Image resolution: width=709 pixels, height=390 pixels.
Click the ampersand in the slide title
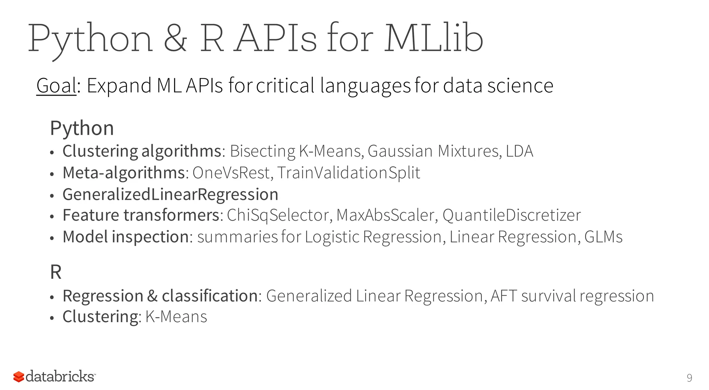pyautogui.click(x=176, y=39)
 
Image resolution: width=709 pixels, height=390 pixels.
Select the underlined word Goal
pyautogui.click(x=56, y=86)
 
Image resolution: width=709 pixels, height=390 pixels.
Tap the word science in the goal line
pyautogui.click(x=520, y=86)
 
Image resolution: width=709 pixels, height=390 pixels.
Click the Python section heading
pyautogui.click(x=82, y=128)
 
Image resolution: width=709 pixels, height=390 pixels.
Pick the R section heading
pyautogui.click(x=56, y=272)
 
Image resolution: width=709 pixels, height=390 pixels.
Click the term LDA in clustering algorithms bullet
pyautogui.click(x=519, y=151)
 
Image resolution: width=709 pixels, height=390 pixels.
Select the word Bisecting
pyautogui.click(x=262, y=151)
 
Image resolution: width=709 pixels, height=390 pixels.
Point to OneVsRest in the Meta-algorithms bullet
pyautogui.click(x=231, y=172)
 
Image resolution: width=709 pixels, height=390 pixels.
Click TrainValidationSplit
pyautogui.click(x=349, y=172)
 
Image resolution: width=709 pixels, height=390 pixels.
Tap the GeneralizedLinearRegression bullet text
pyautogui.click(x=170, y=194)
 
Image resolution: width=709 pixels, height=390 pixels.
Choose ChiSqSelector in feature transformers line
pyautogui.click(x=278, y=215)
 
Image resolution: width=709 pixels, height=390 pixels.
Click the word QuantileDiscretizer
pyautogui.click(x=511, y=215)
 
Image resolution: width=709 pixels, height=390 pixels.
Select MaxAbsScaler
pyautogui.click(x=385, y=215)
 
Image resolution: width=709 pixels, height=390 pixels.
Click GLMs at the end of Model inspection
pyautogui.click(x=603, y=237)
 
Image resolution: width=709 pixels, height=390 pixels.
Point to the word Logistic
pyautogui.click(x=332, y=237)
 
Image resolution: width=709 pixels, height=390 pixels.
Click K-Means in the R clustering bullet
pyautogui.click(x=176, y=317)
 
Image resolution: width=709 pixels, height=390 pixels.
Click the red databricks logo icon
pyautogui.click(x=19, y=376)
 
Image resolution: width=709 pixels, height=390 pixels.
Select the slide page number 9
pyautogui.click(x=689, y=378)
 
